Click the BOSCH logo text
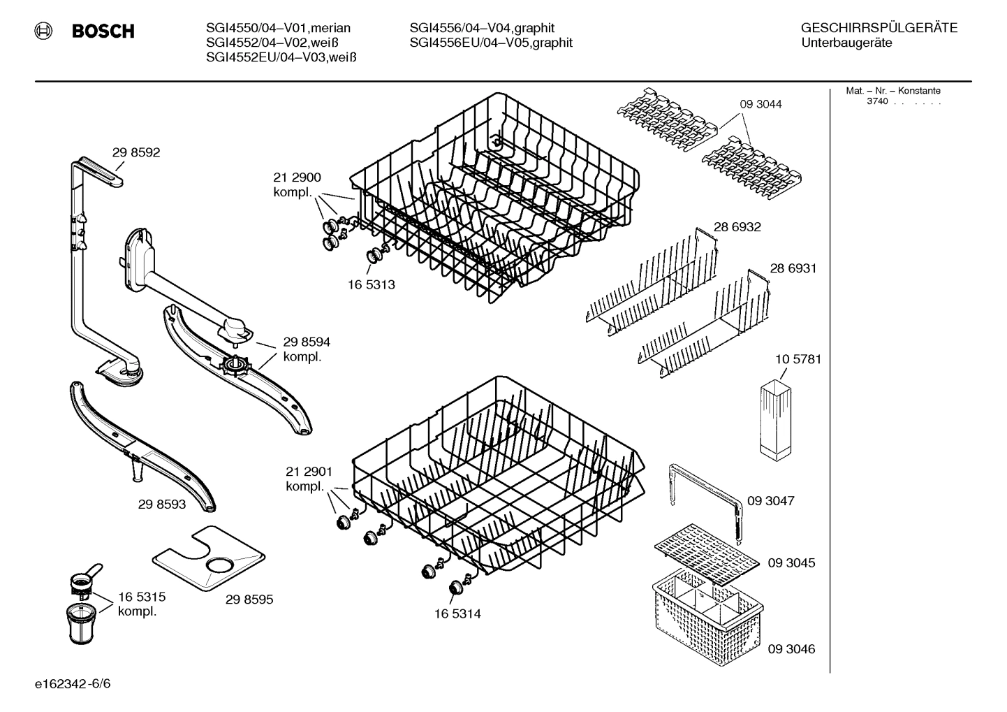click(103, 31)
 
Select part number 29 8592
click(136, 152)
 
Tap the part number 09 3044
click(760, 104)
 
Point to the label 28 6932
click(737, 227)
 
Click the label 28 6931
click(793, 268)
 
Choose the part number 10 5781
click(797, 359)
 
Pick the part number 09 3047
click(770, 501)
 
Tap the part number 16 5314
click(457, 614)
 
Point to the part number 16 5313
click(371, 284)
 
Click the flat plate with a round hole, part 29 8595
click(210, 559)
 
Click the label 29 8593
click(161, 504)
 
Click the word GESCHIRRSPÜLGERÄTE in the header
click(879, 29)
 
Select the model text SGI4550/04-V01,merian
click(278, 28)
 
